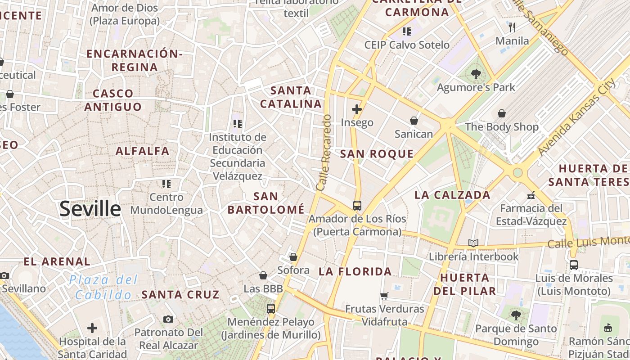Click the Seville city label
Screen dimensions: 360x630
90,209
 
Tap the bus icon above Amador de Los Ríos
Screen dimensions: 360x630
357,206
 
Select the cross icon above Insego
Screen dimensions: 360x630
357,109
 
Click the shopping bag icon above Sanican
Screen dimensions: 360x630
414,121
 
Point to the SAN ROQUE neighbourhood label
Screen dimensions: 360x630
377,154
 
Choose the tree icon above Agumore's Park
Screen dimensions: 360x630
476,74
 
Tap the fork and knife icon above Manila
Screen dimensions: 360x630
512,27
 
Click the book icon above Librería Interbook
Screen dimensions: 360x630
473,243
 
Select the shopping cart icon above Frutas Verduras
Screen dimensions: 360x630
384,296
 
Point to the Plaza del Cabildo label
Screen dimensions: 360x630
103,287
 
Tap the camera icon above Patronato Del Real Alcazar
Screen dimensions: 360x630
168,319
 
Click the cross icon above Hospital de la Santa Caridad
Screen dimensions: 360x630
92,328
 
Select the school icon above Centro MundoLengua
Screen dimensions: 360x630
166,184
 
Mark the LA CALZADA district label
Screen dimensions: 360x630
452,195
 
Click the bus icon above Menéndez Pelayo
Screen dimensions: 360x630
270,309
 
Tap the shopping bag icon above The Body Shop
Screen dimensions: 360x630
502,113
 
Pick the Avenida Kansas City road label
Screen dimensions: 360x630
577,118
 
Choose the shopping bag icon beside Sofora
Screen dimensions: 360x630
293,257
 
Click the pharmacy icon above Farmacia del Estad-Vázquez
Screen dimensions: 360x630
531,195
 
